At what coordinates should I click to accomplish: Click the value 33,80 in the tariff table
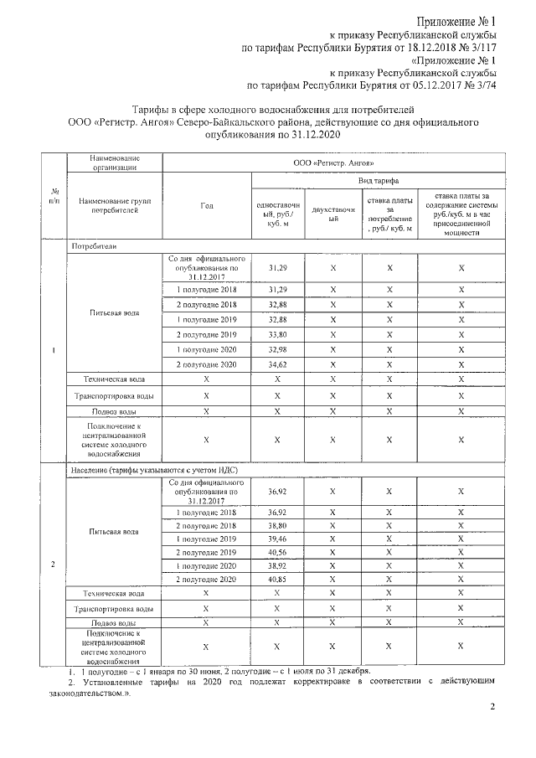[x=277, y=333]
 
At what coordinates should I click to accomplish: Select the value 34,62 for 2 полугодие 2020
[x=277, y=364]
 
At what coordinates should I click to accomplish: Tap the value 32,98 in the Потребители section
[x=277, y=348]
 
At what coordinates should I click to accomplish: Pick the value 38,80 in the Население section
[x=277, y=522]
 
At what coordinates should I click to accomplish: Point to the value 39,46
[x=277, y=537]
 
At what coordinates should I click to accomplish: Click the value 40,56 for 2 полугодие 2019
[x=277, y=552]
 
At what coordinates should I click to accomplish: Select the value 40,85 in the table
[x=277, y=579]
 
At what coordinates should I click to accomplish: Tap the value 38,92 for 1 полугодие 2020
[x=277, y=565]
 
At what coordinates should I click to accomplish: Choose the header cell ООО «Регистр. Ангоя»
[x=334, y=162]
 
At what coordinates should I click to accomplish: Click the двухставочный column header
[x=332, y=214]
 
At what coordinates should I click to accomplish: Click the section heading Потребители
[x=94, y=247]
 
